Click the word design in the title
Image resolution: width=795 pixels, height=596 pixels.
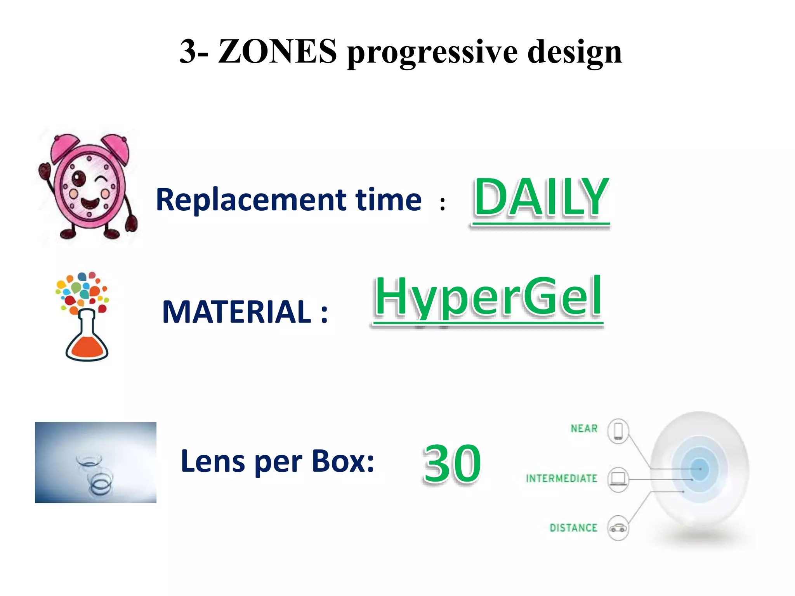click(575, 52)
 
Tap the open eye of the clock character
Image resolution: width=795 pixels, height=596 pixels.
click(79, 178)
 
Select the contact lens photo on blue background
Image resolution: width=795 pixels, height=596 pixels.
click(95, 462)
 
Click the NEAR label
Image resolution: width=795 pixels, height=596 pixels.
click(584, 428)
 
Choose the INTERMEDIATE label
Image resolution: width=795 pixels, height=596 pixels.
click(561, 478)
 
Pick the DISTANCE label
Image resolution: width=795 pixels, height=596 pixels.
click(573, 528)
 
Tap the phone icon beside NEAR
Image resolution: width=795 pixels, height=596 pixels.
click(618, 431)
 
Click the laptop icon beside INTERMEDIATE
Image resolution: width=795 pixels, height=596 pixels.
click(618, 479)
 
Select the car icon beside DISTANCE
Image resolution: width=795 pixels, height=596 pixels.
click(618, 528)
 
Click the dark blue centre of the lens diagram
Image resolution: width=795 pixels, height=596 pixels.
click(700, 469)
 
